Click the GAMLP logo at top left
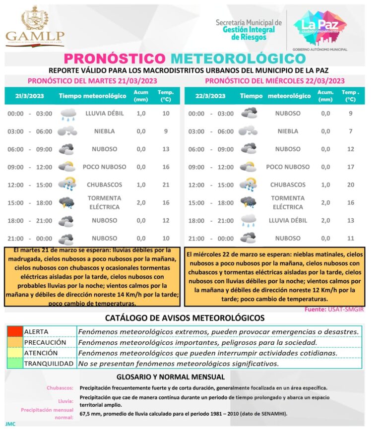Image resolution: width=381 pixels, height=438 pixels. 35,26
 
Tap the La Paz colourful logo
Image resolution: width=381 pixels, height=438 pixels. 320,24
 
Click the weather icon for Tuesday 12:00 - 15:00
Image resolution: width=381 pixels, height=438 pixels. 67,185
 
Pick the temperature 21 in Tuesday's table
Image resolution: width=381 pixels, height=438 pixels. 166,185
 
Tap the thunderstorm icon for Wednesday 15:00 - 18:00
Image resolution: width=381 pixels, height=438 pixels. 248,202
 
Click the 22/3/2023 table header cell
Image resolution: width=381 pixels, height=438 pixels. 210,96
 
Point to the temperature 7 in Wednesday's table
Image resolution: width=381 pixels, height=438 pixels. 350,131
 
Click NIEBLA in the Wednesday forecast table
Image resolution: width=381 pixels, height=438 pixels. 288,131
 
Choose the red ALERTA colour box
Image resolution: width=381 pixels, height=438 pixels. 14,332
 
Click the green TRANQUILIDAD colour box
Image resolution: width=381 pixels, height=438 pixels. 14,364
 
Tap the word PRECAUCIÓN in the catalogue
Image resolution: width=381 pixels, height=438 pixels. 45,342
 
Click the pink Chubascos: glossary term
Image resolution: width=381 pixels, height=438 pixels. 61,388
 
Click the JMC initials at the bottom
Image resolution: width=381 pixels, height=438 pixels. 10,425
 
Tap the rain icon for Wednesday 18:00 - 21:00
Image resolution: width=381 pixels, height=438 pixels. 248,220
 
